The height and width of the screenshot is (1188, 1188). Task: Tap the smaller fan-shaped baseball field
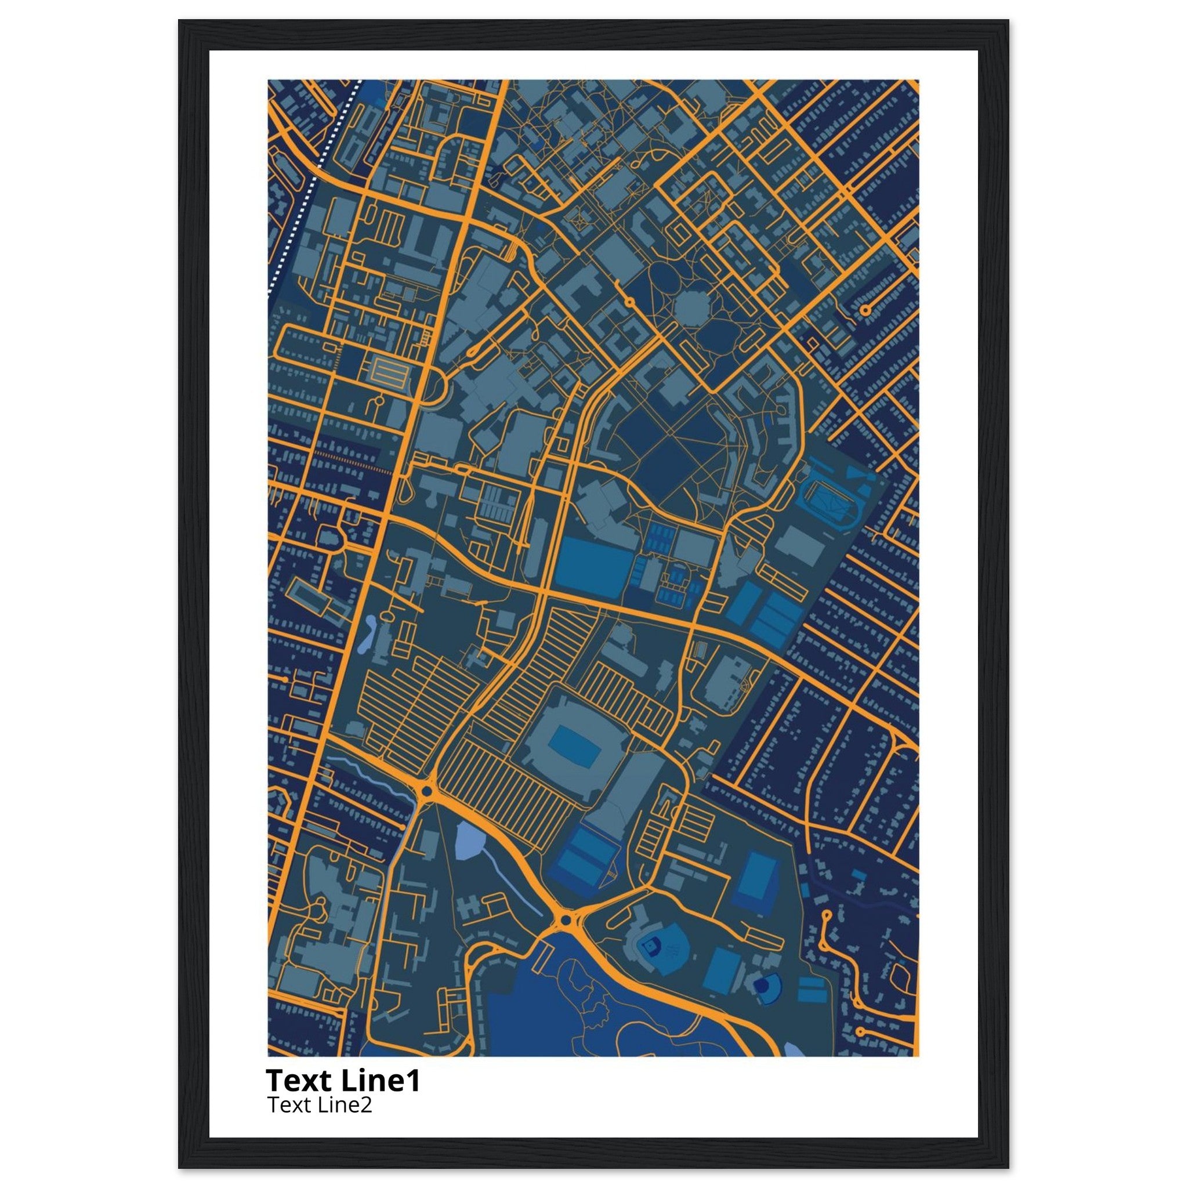pyautogui.click(x=765, y=986)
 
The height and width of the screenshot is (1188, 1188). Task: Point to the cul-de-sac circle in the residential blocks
pyautogui.click(x=865, y=310)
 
